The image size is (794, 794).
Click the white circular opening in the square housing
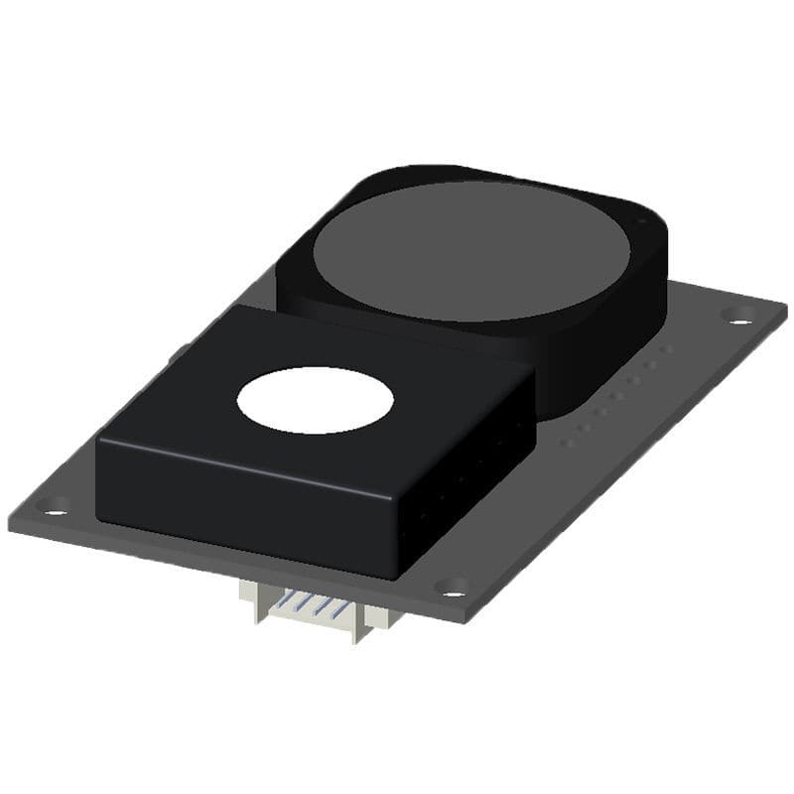[315, 399]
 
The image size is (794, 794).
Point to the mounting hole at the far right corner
[737, 316]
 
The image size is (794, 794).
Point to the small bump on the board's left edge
[182, 351]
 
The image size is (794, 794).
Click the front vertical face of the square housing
[248, 496]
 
